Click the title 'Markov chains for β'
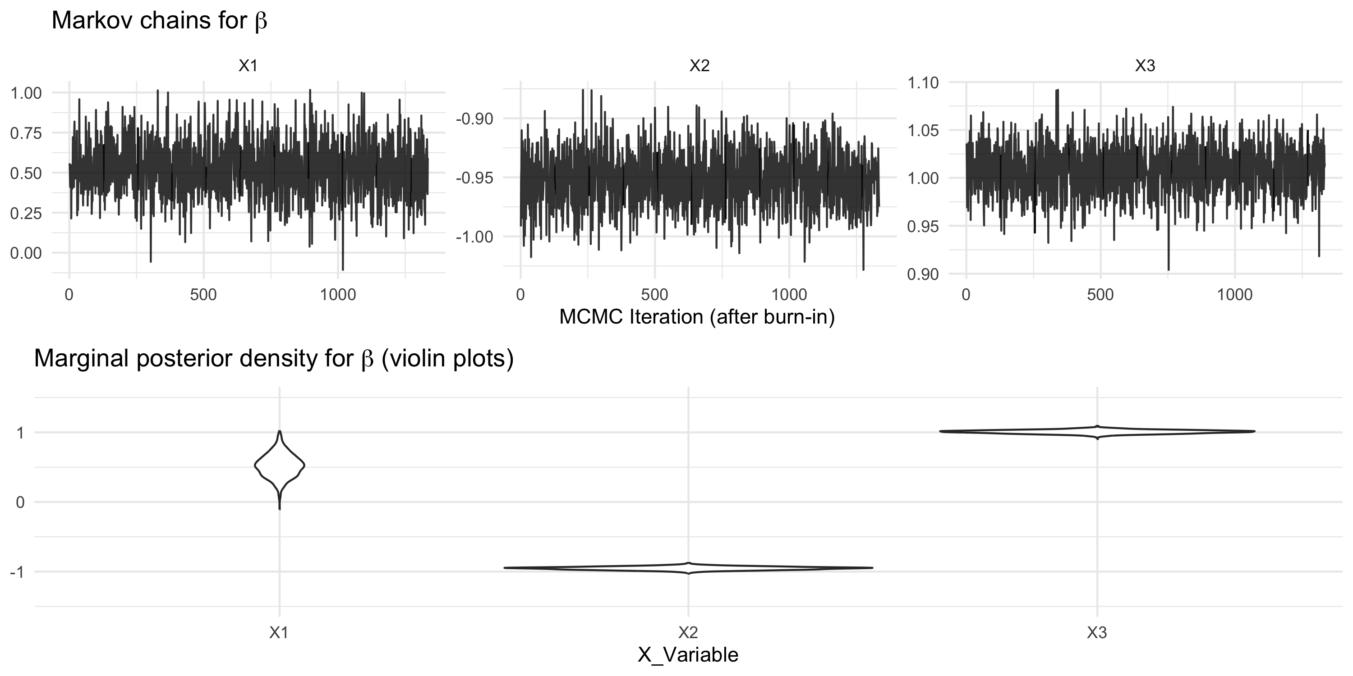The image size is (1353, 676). (159, 21)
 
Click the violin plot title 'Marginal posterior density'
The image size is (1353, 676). (273, 359)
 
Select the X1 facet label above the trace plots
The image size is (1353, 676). (248, 66)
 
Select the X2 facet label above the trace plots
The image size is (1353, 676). (699, 66)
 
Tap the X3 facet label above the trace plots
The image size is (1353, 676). (1145, 66)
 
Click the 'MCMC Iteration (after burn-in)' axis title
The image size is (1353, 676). (697, 317)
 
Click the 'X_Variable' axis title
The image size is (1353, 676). (688, 655)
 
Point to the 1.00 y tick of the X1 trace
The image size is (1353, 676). (26, 93)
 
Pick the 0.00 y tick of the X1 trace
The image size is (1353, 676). (26, 253)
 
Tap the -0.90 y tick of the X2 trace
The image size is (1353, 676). (474, 119)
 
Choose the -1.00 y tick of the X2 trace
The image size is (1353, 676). (474, 237)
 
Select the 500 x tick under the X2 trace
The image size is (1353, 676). (654, 295)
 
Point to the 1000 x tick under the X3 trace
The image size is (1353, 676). (1235, 295)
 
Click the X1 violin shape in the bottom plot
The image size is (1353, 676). (280, 466)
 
